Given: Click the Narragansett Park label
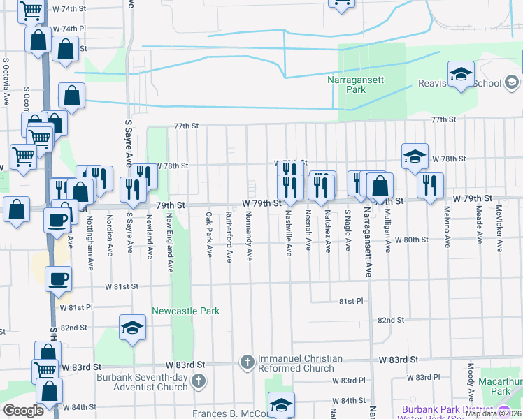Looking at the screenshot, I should (356, 84).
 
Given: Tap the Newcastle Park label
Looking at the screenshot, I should (186, 311).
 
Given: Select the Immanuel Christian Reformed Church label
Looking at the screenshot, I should (300, 364).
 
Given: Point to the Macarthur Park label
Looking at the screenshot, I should (501, 386).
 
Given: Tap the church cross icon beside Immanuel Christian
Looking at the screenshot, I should (246, 362).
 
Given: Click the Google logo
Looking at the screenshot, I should (23, 411).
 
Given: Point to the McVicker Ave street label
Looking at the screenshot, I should (499, 228).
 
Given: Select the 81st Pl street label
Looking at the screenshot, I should (352, 301).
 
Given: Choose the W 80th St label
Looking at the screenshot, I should (411, 240).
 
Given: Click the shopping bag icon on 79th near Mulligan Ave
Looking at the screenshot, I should (381, 186).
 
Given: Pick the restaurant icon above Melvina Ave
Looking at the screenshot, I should (429, 185).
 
